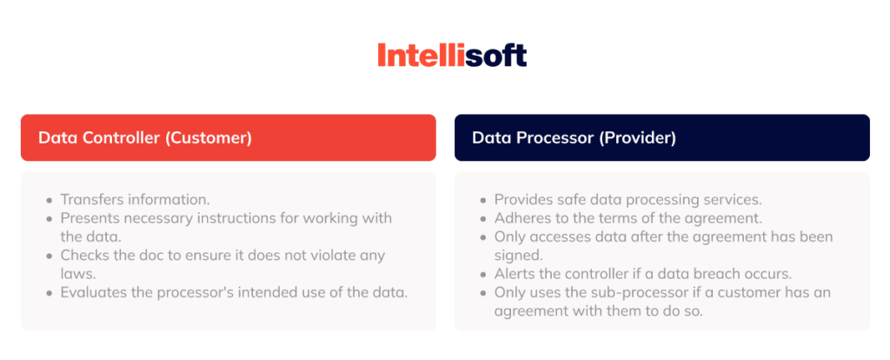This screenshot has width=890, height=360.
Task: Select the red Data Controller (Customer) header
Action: tap(228, 137)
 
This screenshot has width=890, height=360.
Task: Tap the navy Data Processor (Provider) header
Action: tap(661, 137)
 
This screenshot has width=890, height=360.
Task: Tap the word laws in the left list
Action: tap(76, 273)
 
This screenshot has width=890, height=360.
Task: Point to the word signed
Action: tap(520, 255)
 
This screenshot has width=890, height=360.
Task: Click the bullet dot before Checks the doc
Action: tap(49, 256)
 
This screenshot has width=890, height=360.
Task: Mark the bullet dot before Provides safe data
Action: tap(483, 200)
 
